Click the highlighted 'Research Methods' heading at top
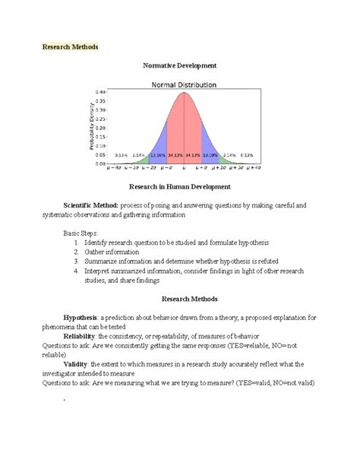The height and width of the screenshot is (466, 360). coord(70,46)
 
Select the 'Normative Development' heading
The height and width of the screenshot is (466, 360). coord(180,66)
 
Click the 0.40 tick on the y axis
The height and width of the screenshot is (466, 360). coord(100,93)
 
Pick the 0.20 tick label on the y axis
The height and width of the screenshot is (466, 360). coord(100,128)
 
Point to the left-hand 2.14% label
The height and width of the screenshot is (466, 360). coord(138,155)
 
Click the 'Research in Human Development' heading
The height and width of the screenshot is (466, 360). coord(180,186)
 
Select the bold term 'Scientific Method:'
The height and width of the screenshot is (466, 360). coord(90,205)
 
